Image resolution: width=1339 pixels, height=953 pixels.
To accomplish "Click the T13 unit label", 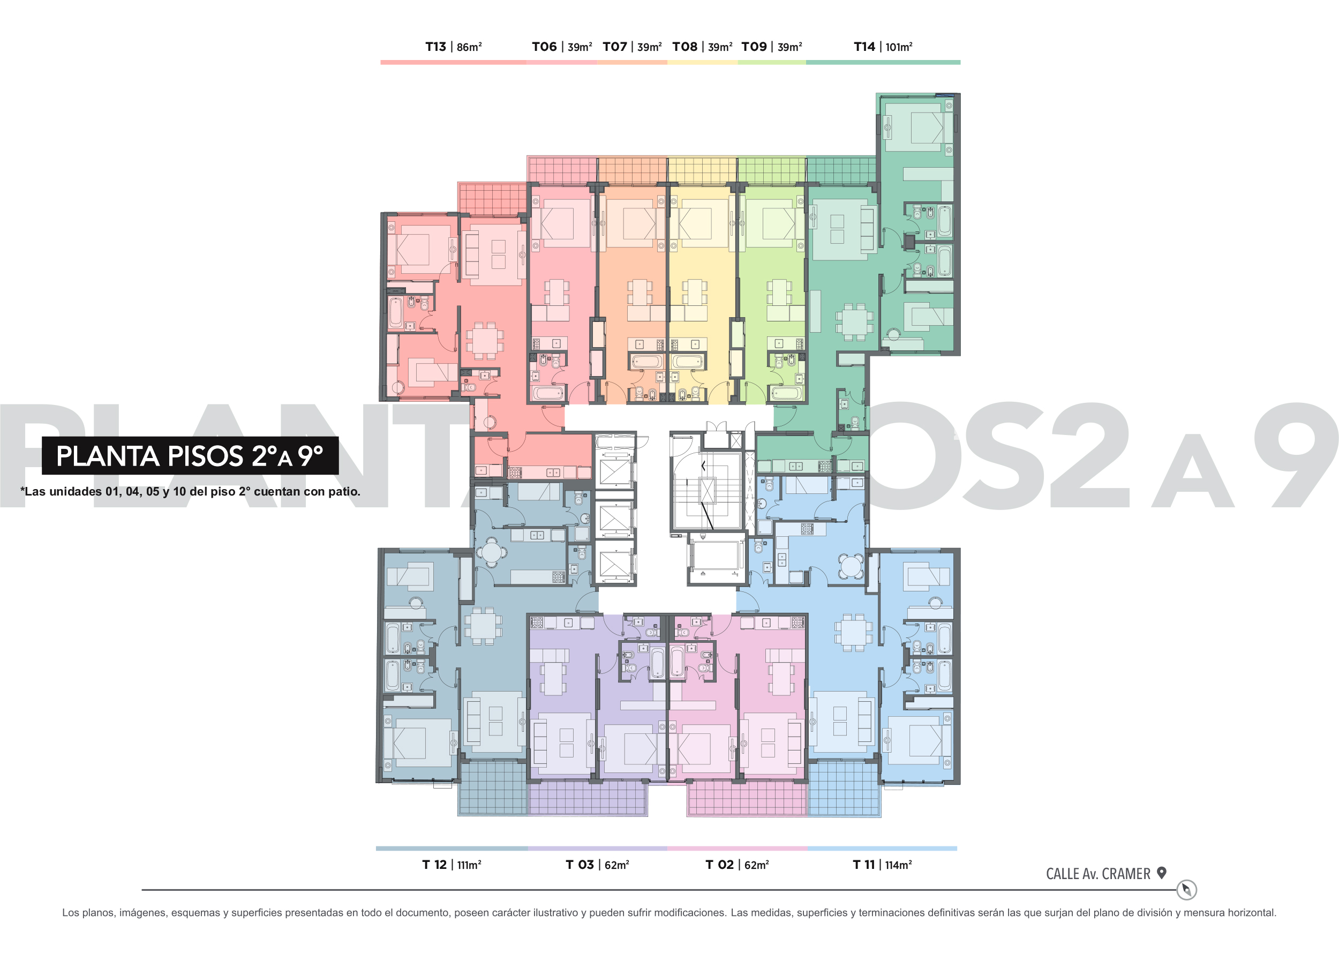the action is click(x=435, y=47).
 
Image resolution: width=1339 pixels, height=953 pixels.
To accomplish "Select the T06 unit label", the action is click(x=544, y=47).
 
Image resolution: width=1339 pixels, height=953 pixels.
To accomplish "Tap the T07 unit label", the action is click(x=615, y=47).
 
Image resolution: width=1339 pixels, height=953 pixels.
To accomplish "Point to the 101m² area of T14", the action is click(x=898, y=47).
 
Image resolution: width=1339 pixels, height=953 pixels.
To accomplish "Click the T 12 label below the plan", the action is click(x=434, y=865).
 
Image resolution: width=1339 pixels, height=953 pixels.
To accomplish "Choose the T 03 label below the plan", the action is click(x=580, y=865).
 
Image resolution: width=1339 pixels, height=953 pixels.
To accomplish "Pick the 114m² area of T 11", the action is click(x=898, y=865).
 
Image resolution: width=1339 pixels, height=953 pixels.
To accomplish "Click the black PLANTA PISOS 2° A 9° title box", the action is click(x=190, y=455).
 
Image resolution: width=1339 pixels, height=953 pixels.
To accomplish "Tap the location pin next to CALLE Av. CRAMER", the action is click(x=1161, y=873).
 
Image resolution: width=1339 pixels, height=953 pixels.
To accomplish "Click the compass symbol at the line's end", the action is click(x=1186, y=890).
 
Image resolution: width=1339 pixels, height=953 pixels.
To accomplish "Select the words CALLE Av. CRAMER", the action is click(x=1098, y=874).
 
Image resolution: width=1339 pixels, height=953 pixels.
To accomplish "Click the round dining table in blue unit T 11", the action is click(x=850, y=566).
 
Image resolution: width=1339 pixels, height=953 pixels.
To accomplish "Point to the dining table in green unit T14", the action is click(x=854, y=321).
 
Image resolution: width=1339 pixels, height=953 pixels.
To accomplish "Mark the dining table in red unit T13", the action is click(x=485, y=340).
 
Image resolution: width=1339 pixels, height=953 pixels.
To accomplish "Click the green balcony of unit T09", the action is click(x=772, y=170).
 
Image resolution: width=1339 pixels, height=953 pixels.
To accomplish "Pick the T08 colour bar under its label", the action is click(x=702, y=62).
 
